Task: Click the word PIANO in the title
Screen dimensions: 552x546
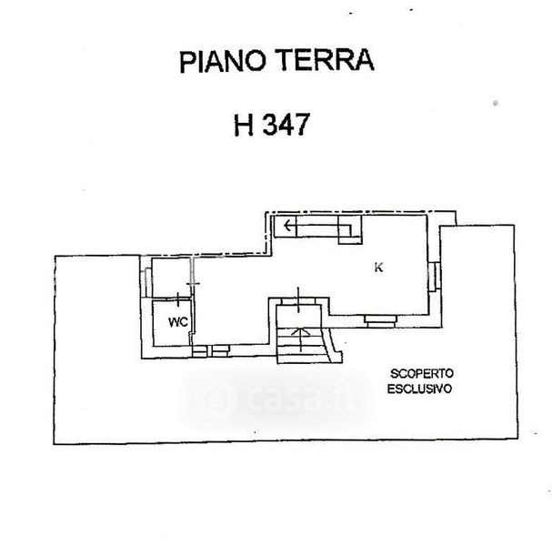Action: [x=222, y=62]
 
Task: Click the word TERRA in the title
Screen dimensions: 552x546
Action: [x=325, y=60]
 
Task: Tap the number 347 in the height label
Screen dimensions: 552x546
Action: [x=286, y=125]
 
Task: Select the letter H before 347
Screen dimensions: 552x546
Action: [x=244, y=125]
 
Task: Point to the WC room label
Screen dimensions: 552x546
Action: [x=178, y=322]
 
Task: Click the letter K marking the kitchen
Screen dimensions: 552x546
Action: [x=378, y=268]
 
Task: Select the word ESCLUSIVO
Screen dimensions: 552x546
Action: [x=419, y=389]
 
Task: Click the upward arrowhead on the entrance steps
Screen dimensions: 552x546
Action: [x=300, y=331]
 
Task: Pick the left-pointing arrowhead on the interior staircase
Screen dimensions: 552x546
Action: [x=287, y=225]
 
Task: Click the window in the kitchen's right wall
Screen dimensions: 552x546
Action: [x=435, y=277]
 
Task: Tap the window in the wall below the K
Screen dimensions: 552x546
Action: [x=380, y=320]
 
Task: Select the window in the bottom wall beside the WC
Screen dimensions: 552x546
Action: [x=210, y=351]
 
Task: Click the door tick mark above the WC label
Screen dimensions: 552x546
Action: [x=178, y=299]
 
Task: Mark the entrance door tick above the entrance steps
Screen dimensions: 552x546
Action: [x=298, y=299]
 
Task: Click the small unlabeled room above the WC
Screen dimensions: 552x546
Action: [x=171, y=278]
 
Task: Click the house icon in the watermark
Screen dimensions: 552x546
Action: [x=214, y=399]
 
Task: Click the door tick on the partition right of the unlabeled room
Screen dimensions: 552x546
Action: [x=193, y=283]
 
